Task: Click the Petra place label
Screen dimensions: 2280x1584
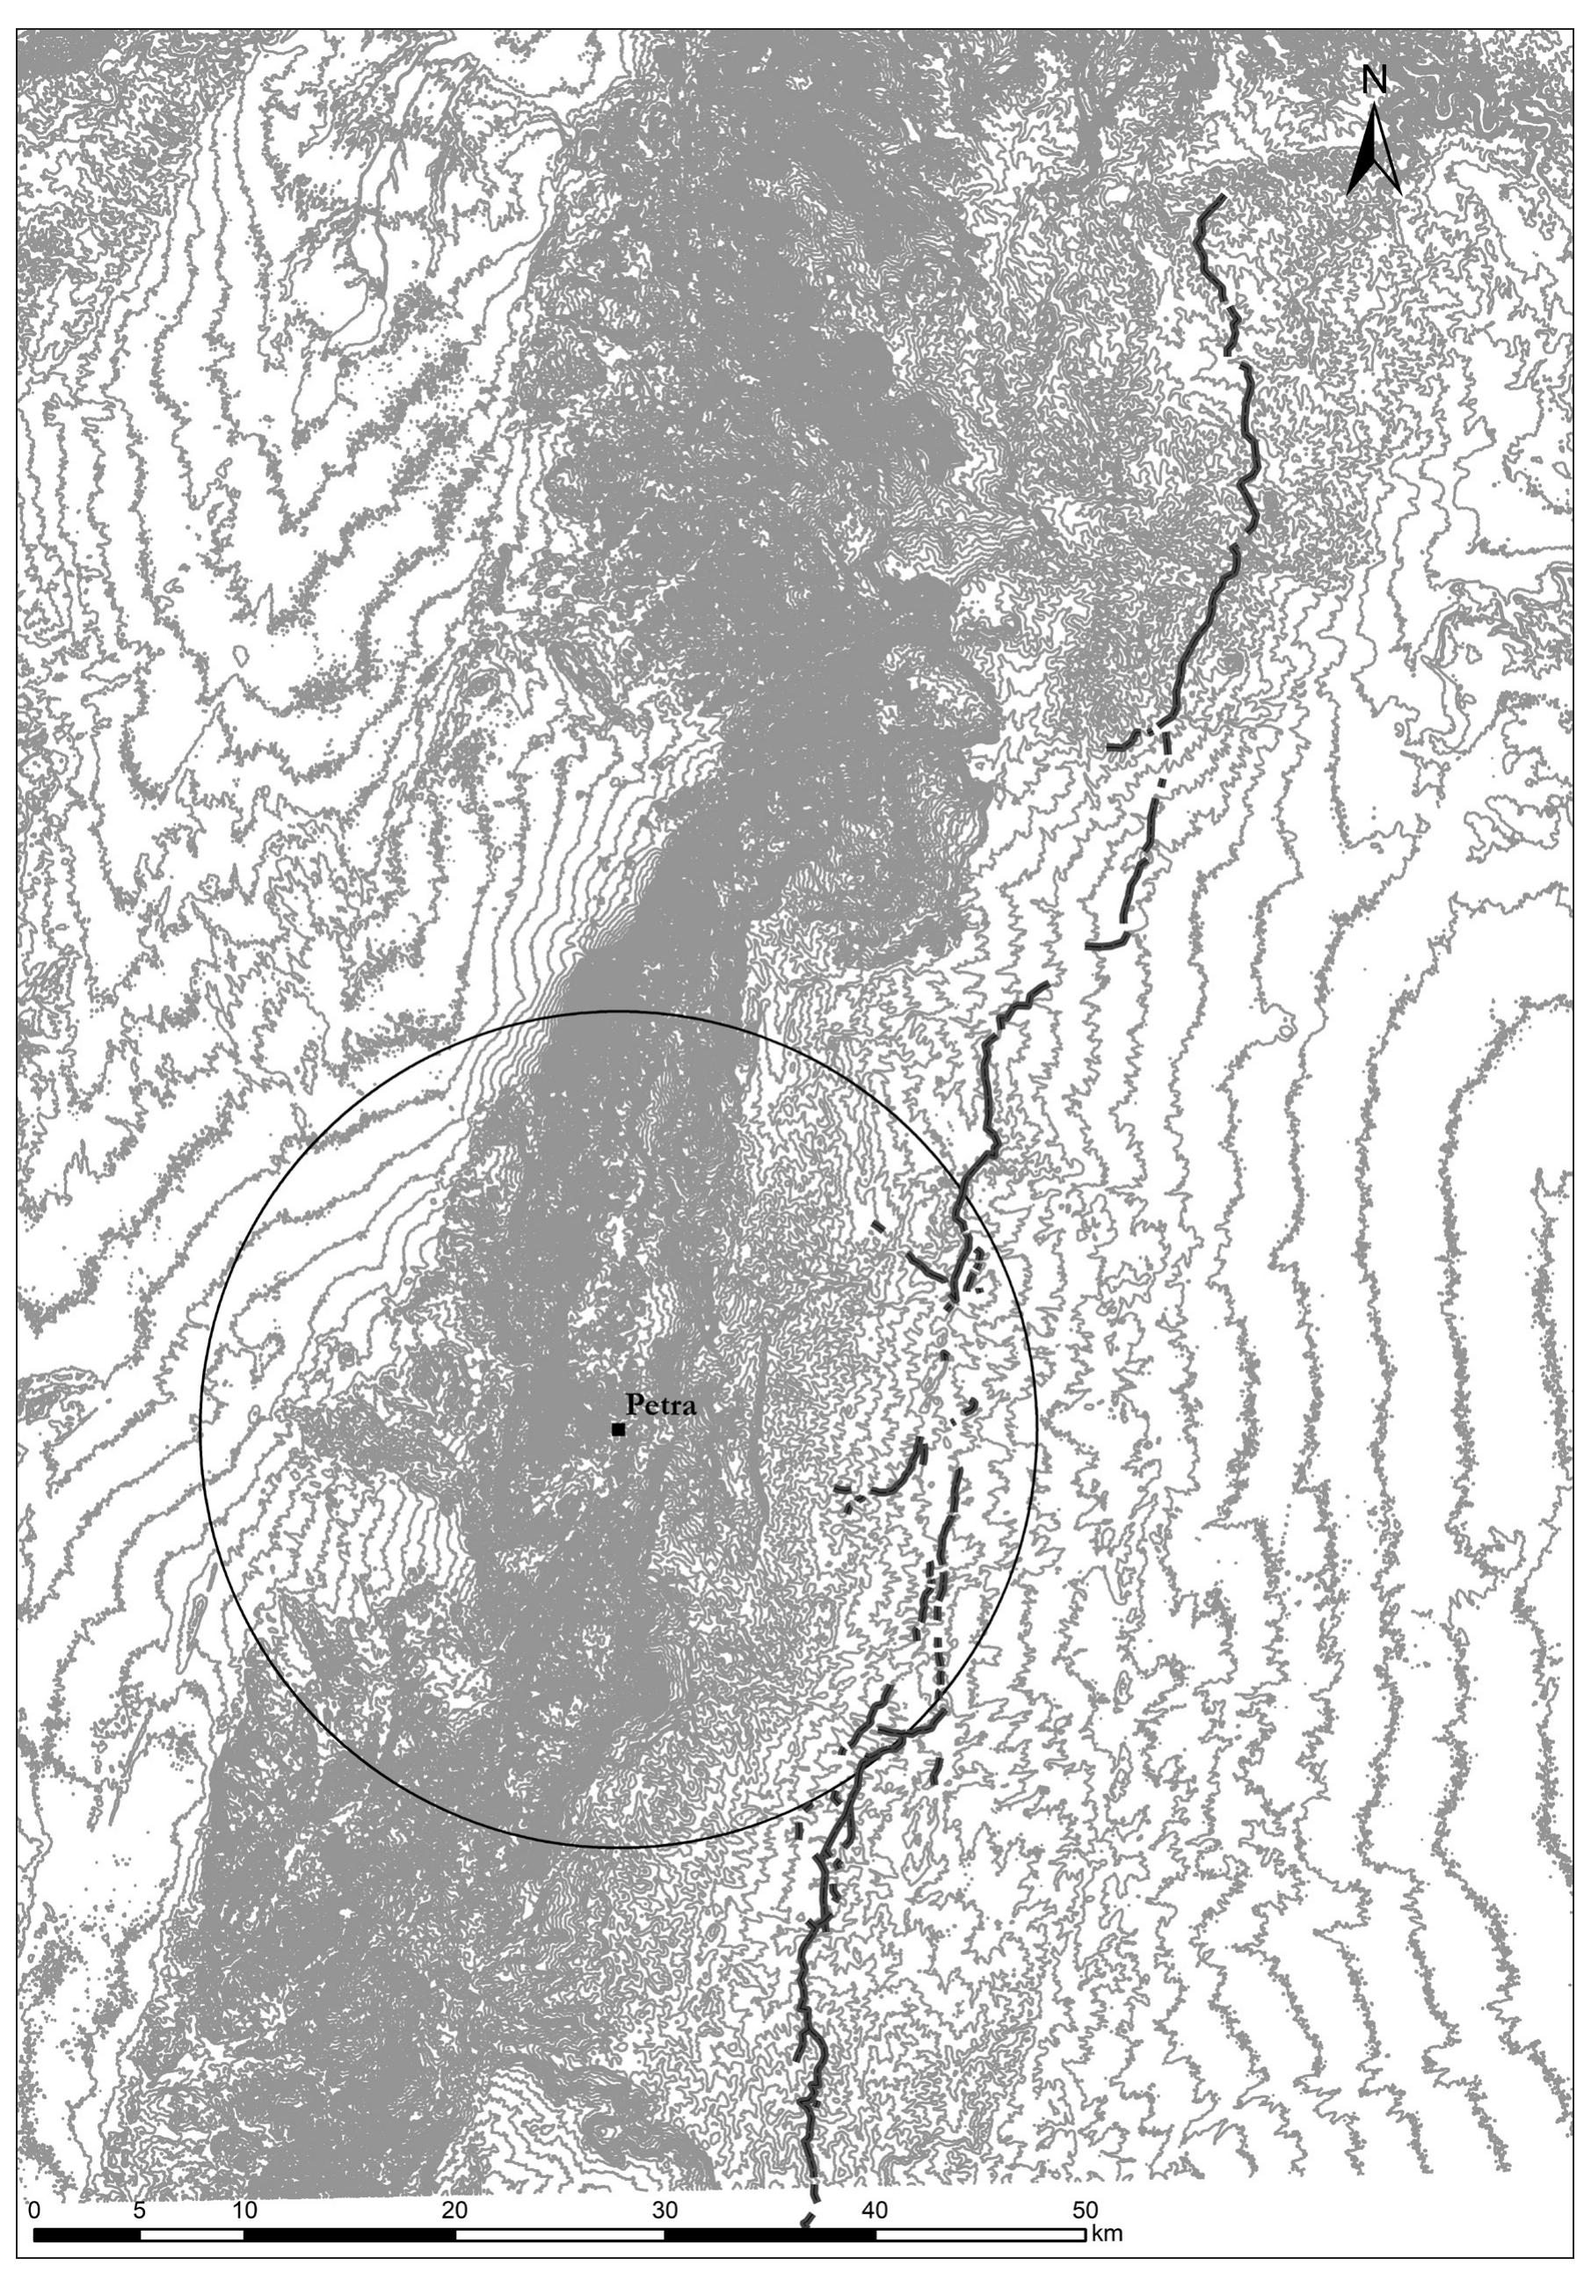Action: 660,1406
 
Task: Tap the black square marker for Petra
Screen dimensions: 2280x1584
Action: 618,1430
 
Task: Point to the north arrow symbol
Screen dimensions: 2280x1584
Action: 1374,151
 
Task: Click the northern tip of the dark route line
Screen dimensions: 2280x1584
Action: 1221,200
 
